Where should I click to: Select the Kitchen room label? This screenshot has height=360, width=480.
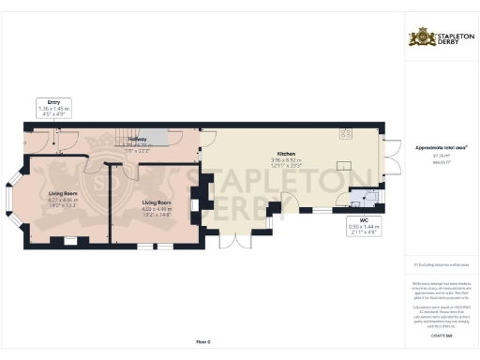pyautogui.click(x=286, y=155)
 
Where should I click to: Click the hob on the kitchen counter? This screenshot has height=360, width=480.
pyautogui.click(x=345, y=131)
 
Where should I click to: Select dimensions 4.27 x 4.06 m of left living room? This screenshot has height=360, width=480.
pyautogui.click(x=63, y=201)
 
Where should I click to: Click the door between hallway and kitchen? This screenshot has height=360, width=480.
pyautogui.click(x=201, y=141)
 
